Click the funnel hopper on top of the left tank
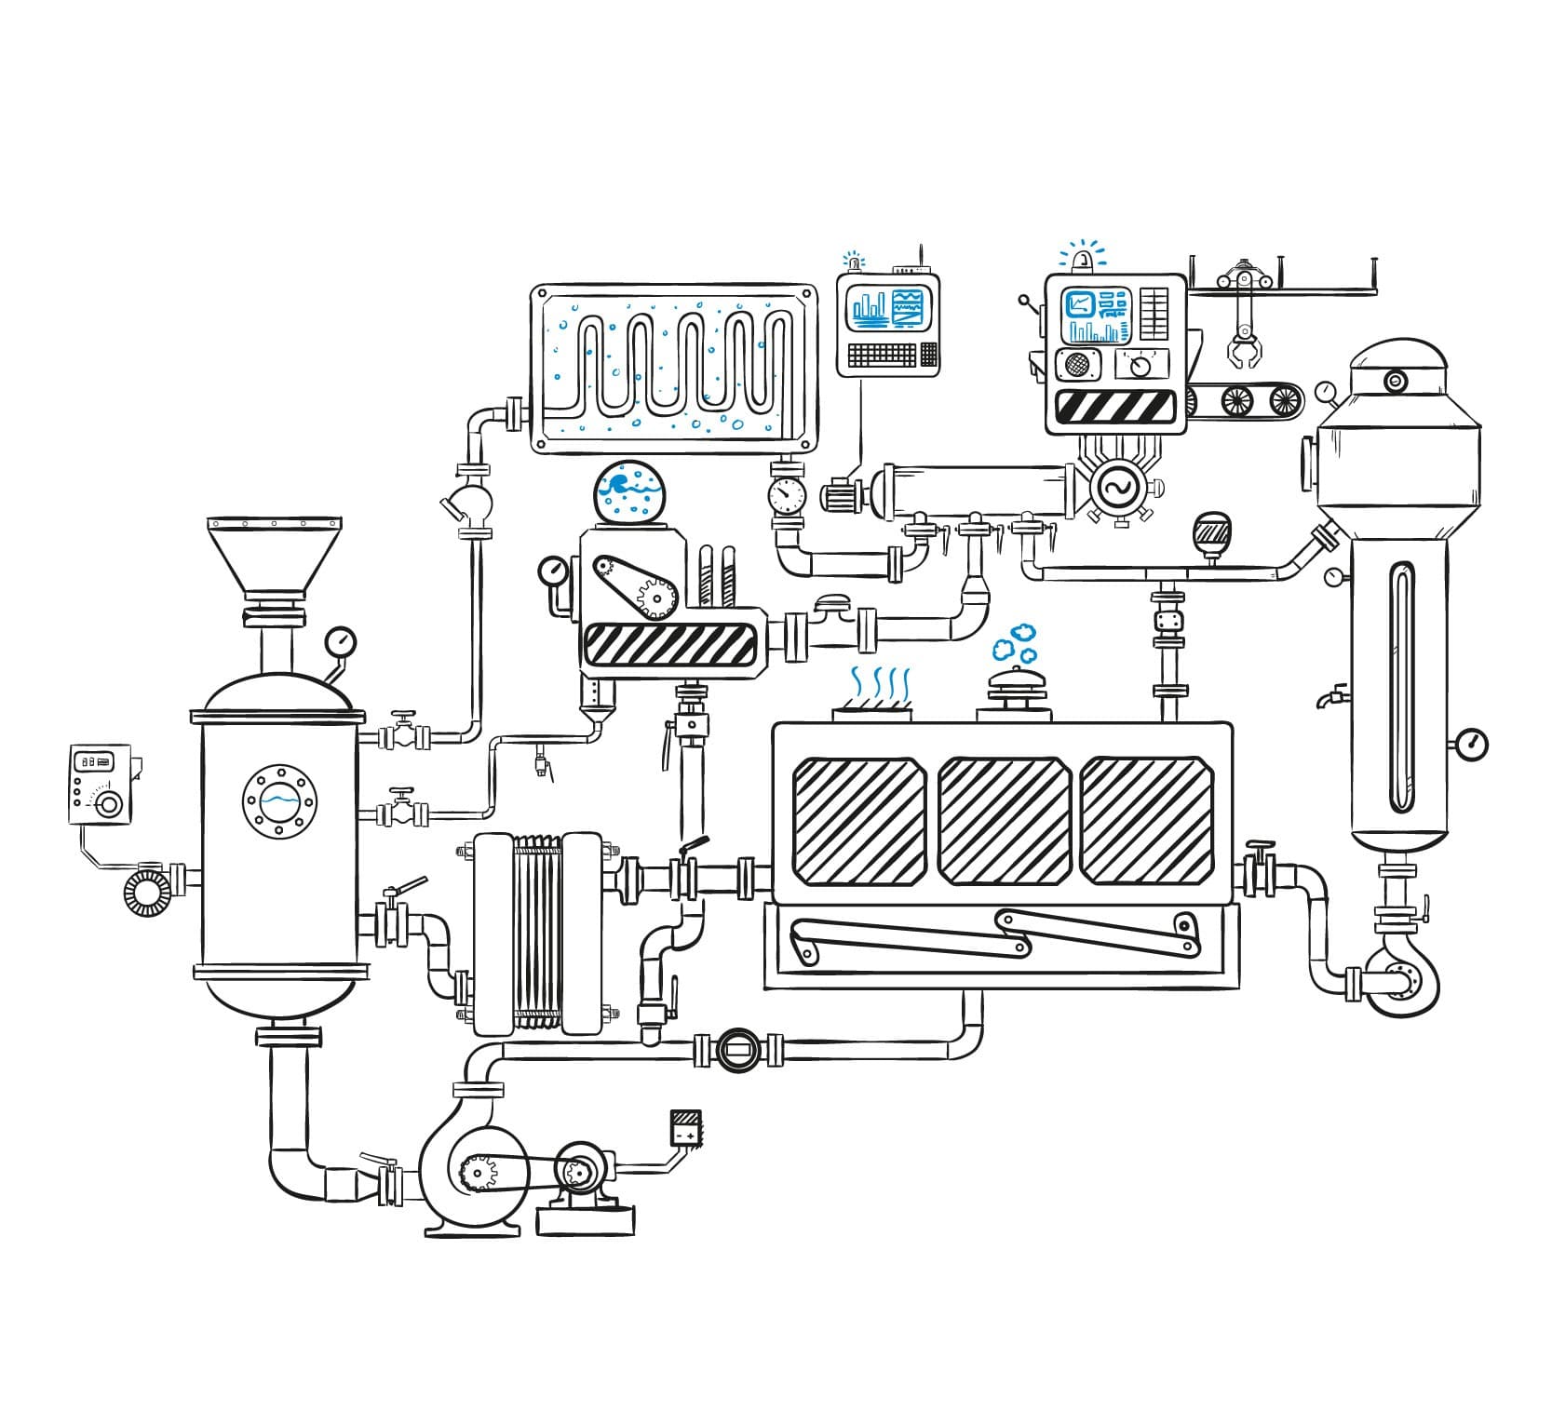(274, 556)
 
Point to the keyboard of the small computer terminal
(883, 355)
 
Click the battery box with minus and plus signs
(685, 1127)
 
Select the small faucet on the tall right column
(1332, 695)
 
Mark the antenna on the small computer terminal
(920, 257)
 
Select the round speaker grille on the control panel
(1077, 365)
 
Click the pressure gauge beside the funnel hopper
(340, 641)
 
